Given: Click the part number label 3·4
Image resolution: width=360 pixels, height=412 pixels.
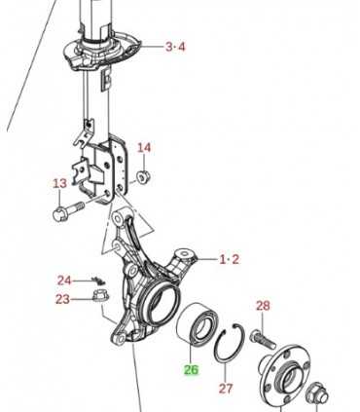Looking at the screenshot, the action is click(175, 47).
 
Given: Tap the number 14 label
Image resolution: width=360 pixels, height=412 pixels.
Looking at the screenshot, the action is click(144, 148).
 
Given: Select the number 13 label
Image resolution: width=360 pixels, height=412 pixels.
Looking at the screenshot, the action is click(59, 184).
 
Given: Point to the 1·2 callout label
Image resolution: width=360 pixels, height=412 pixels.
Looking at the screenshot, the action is click(230, 259).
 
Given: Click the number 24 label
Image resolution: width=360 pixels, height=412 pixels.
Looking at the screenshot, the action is click(64, 281).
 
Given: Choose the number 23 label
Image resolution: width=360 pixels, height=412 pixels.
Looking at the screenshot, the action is click(62, 299).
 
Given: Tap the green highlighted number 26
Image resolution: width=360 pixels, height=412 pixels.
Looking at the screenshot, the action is click(191, 370).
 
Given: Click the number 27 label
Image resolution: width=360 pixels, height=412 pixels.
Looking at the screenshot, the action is click(226, 389).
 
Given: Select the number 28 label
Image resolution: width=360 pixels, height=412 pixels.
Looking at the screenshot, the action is click(263, 306).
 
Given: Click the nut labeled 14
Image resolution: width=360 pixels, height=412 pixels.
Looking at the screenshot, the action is click(143, 176).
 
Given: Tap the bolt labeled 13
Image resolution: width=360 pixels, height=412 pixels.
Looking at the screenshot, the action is click(67, 210).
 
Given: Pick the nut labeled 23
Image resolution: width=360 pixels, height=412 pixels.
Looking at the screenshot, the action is click(101, 295).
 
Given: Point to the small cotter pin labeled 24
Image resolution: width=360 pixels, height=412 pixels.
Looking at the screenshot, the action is click(96, 280).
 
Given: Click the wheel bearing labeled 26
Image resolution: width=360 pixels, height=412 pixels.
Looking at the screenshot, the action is click(197, 323).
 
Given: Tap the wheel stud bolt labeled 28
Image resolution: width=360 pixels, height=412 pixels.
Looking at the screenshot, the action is click(263, 339).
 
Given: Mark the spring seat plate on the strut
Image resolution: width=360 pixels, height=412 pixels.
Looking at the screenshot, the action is click(102, 52).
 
